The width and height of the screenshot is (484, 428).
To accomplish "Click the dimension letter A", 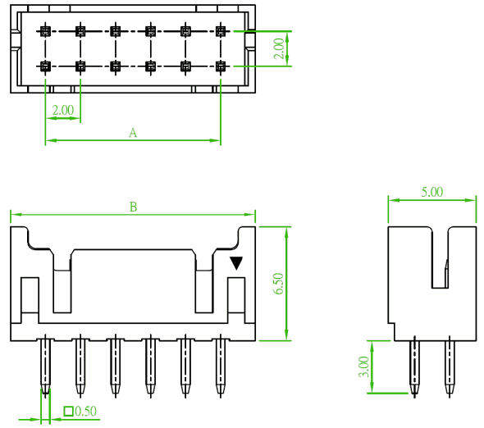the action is (133, 133).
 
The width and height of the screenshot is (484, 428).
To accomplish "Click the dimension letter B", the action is (133, 207).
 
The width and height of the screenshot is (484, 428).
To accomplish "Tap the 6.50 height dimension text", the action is (278, 284).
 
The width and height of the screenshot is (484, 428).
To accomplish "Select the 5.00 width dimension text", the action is (432, 192).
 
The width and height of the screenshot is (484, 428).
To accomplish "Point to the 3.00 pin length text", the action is (364, 367).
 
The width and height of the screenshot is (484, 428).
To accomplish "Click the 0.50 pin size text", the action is (85, 411).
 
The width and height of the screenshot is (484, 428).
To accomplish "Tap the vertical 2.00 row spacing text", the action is (279, 48).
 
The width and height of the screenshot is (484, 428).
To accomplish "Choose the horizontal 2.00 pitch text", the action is (63, 110).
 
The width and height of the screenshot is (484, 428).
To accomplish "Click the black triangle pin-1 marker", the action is (236, 263).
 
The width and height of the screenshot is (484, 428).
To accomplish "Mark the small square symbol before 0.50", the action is (68, 412).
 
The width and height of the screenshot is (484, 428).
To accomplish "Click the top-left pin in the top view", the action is (45, 31).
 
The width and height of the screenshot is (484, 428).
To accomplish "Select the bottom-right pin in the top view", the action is (221, 66).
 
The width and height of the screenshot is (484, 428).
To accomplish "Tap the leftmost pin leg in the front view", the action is (45, 367).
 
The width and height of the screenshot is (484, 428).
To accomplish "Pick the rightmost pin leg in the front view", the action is (221, 367).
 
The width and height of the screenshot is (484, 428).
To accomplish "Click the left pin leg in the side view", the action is (414, 367).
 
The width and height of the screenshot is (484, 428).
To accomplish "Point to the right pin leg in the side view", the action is (450, 367).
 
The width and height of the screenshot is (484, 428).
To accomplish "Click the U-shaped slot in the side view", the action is (440, 288).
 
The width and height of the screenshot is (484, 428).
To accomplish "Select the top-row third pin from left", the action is (116, 31).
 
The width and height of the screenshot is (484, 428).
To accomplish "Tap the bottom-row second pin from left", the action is (80, 66).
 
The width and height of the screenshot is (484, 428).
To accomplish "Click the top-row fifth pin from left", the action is (185, 31).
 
